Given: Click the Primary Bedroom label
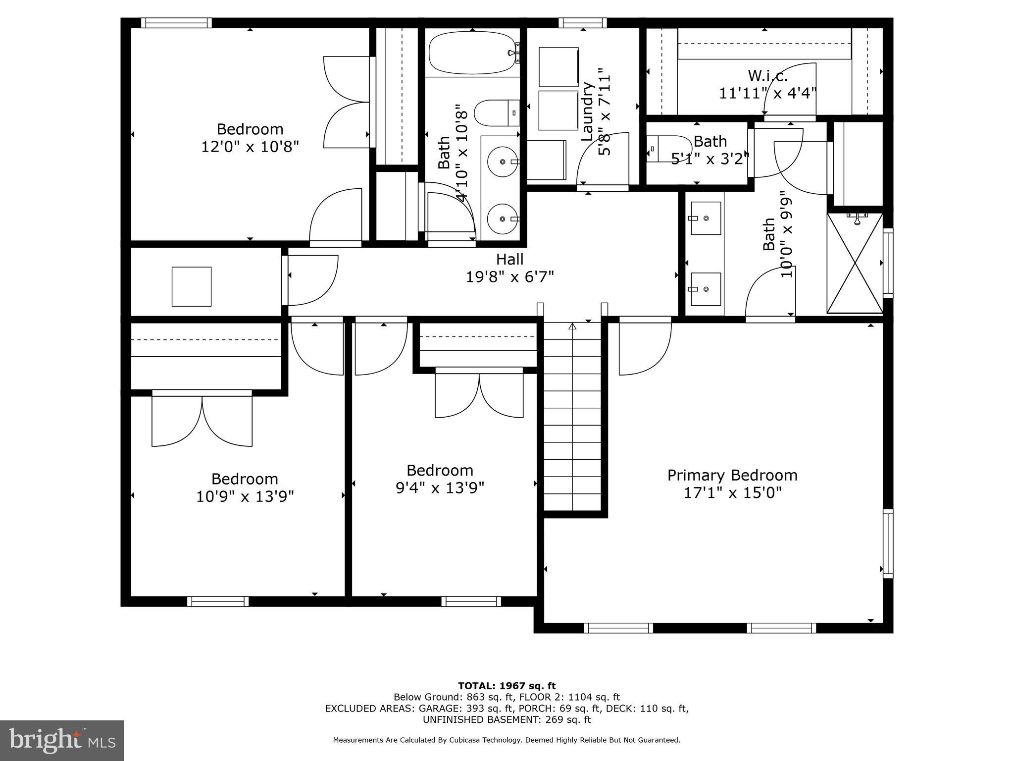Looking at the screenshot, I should click(x=732, y=476).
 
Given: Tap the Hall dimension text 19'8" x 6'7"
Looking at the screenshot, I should click(x=509, y=276).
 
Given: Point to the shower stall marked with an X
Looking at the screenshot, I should click(x=855, y=264).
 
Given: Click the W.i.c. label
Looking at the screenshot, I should click(x=767, y=76).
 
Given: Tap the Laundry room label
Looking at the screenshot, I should click(x=587, y=111).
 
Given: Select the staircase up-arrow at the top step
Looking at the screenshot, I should click(x=572, y=326).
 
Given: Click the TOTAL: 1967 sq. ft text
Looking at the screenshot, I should click(x=507, y=686).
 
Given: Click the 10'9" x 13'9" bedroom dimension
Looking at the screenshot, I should click(x=245, y=496).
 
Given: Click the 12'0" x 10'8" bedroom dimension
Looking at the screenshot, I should click(x=250, y=147).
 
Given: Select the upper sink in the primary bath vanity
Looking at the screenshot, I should click(x=706, y=218).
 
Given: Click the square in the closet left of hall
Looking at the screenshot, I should click(x=192, y=286).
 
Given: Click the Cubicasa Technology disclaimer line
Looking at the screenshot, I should click(x=507, y=740).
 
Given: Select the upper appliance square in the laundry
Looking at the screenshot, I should click(x=558, y=67).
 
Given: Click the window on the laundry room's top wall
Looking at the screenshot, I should click(x=583, y=23).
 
